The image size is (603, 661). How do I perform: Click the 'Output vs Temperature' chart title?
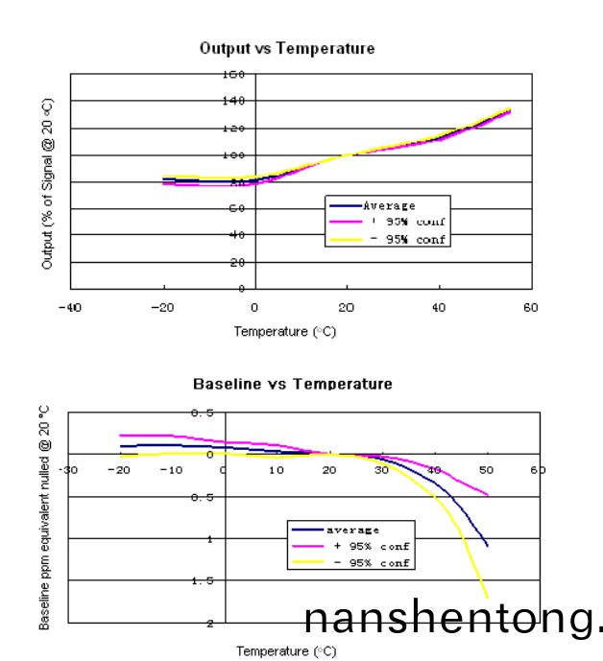pos(286,48)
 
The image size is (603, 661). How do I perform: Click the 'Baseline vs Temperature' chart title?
pos(292,384)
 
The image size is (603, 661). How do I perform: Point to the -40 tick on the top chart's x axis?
pos(68,307)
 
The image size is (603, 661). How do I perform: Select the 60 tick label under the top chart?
pos(531,307)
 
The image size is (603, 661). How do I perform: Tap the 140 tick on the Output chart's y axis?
pos(234,100)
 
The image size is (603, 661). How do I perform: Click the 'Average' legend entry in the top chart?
pos(389,205)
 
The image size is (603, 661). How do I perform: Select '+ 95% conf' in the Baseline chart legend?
pos(371,545)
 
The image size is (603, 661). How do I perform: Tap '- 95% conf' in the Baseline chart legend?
pos(371,562)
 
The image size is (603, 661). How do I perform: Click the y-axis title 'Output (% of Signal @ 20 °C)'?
pos(47,182)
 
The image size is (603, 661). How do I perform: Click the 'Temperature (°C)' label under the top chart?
pos(285,332)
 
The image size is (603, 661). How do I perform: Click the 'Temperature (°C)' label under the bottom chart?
pos(286,651)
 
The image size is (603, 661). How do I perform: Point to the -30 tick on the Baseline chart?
pos(67,471)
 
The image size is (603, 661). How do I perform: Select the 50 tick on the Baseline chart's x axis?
pos(486,471)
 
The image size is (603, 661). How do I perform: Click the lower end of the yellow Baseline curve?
pos(487,597)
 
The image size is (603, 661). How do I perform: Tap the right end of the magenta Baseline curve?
pos(488,495)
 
